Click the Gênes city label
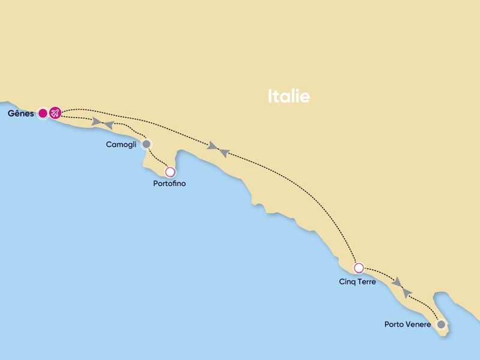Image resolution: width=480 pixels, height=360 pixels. [21, 113]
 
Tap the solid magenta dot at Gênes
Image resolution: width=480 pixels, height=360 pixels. [43, 113]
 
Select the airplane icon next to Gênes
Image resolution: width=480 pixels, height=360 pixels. [55, 113]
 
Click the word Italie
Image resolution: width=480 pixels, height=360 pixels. [289, 96]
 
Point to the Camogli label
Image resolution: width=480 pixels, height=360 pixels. [121, 145]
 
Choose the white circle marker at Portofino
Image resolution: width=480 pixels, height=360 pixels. [170, 172]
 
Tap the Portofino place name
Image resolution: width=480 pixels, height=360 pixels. [170, 184]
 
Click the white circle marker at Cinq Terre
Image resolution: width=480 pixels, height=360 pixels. [359, 268]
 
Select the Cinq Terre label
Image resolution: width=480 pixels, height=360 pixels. [357, 281]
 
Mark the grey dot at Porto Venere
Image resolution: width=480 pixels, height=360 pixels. [442, 325]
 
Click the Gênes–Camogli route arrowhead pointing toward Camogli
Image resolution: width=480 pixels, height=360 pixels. [96, 122]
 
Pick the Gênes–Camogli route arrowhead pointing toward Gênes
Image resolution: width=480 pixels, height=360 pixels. [109, 124]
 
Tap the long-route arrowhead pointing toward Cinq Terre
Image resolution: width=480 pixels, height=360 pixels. [212, 146]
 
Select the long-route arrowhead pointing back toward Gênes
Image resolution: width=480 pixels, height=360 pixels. [223, 153]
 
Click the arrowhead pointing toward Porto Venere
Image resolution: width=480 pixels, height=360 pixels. [397, 281]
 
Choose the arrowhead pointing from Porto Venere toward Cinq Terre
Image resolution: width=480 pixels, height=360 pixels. [407, 292]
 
